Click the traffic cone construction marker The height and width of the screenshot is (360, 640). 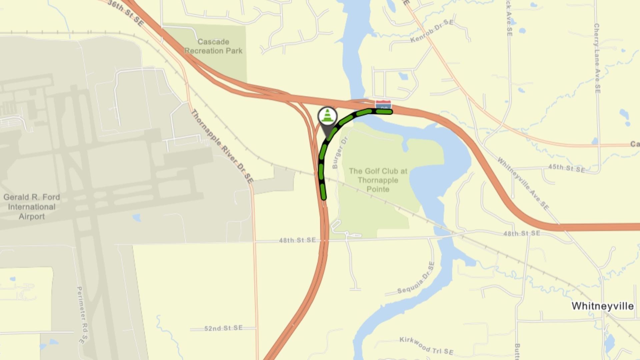[x=327, y=116]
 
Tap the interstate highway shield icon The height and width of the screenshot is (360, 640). [x=383, y=104]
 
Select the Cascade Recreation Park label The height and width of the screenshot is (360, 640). [x=213, y=46]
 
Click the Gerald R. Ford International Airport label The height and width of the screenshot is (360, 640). [x=32, y=207]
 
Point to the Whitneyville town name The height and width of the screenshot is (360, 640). [x=602, y=306]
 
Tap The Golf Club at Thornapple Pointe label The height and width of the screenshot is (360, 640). [x=378, y=180]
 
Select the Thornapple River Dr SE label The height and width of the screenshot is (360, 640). [x=222, y=146]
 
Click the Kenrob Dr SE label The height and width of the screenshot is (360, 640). [x=432, y=31]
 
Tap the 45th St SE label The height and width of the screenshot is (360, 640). [x=567, y=168]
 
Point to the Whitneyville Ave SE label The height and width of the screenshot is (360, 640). [x=523, y=183]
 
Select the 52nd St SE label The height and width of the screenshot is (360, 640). [x=223, y=328]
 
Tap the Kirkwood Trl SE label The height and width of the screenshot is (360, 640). [x=426, y=346]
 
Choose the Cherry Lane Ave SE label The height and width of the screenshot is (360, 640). [x=597, y=58]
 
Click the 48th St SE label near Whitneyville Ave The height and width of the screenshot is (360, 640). [x=521, y=233]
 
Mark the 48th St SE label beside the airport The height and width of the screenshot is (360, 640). [x=297, y=240]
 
